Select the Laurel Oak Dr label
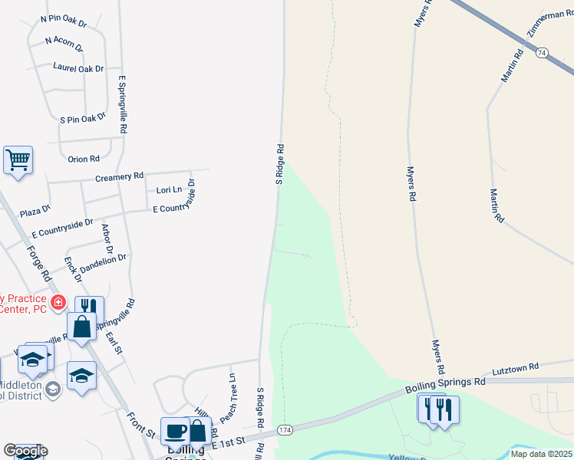point(78,68)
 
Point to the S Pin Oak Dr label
point(82,119)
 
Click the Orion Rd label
point(84,159)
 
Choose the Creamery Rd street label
point(120,176)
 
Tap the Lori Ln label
point(169,189)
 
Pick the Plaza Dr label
point(35,209)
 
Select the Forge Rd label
point(38,263)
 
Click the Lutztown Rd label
point(516,367)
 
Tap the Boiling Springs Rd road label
point(446,383)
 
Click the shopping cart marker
point(18,161)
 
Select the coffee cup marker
point(175,430)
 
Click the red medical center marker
point(58,303)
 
